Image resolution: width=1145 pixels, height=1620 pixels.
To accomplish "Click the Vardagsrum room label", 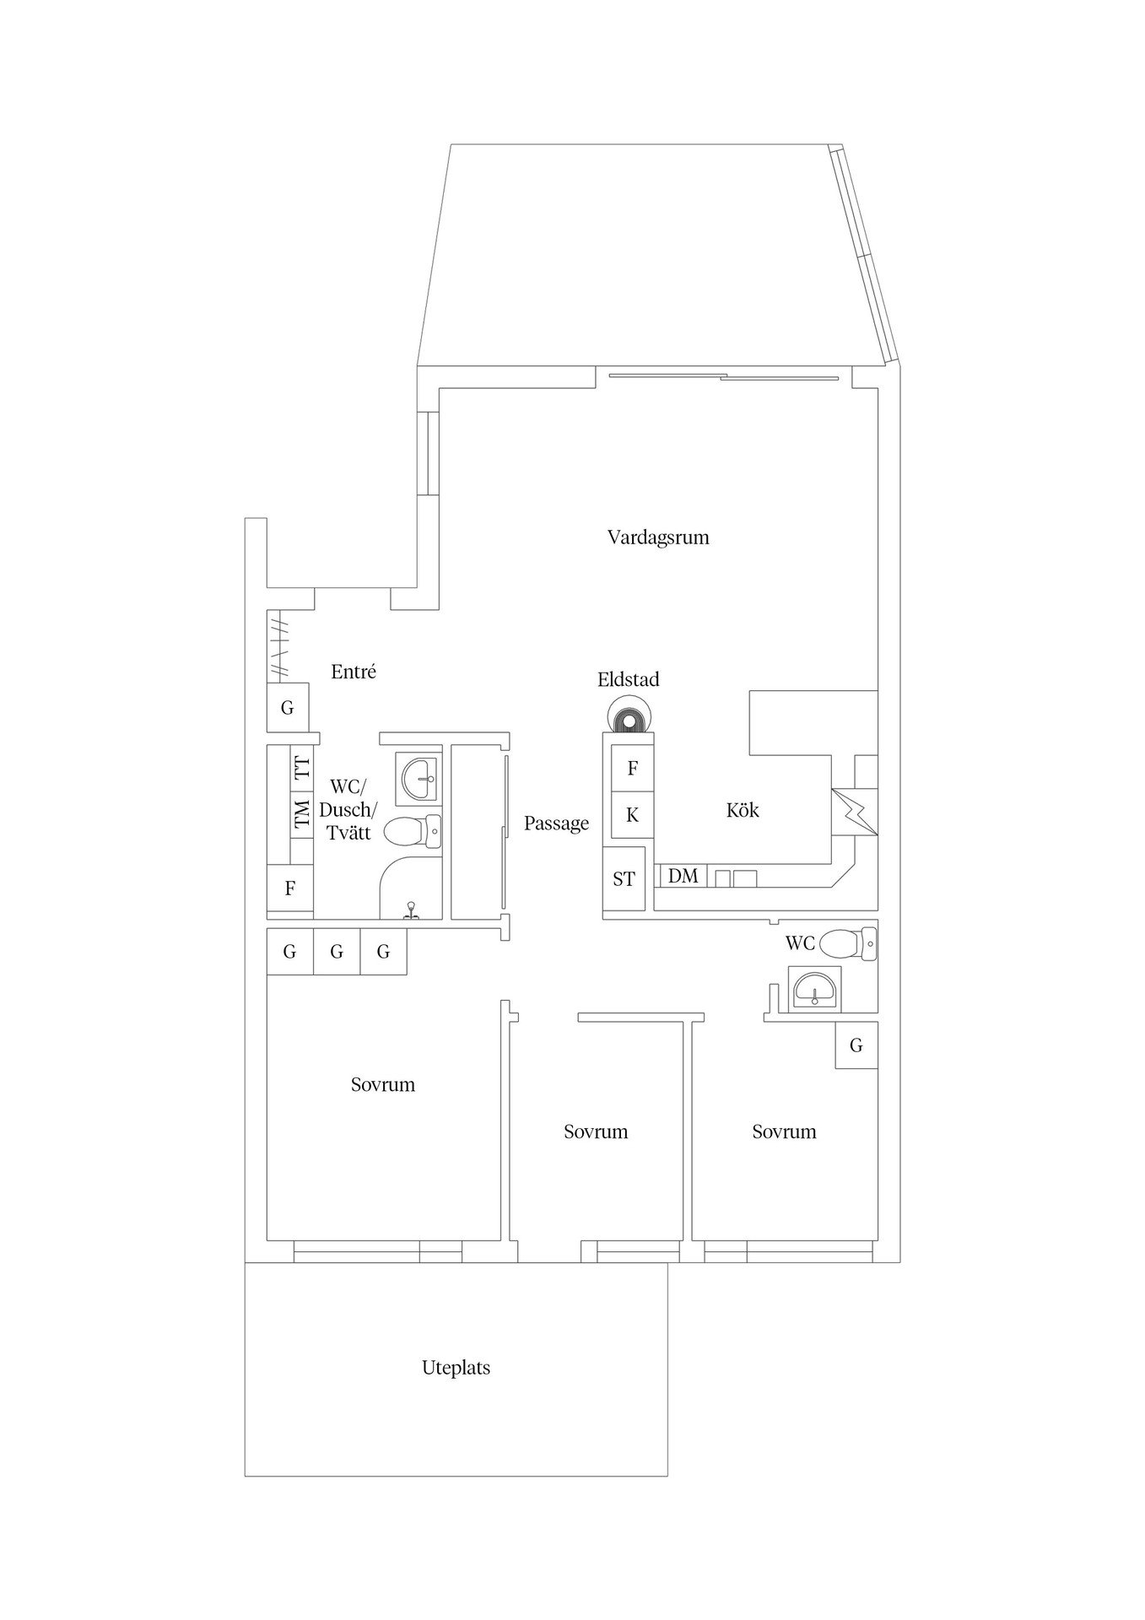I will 658,537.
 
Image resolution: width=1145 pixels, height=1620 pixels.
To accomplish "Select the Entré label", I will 354,672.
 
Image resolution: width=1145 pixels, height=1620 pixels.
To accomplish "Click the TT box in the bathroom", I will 301,769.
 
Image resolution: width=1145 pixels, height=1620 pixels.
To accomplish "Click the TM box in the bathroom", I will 301,816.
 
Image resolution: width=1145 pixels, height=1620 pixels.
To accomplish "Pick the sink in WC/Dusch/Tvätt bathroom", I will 419,779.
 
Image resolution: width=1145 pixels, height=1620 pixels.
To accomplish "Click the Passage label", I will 556,823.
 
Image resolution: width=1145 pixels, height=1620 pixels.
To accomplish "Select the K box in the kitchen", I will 632,815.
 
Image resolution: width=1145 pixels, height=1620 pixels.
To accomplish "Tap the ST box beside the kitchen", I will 624,879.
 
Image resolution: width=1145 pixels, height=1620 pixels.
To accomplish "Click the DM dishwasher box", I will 683,876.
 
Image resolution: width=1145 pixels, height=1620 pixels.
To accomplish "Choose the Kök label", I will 743,810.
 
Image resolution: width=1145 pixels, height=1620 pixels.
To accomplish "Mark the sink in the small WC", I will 814,987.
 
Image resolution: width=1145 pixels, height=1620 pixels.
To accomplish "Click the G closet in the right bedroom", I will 856,1045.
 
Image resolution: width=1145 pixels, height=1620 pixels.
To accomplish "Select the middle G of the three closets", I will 337,952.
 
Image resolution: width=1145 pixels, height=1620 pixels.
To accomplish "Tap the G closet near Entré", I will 287,707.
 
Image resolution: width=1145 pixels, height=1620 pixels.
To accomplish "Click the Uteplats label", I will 456,1368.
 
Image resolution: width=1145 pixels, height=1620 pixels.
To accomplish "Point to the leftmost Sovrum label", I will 383,1084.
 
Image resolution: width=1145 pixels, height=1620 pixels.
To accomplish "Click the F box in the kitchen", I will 632,769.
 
